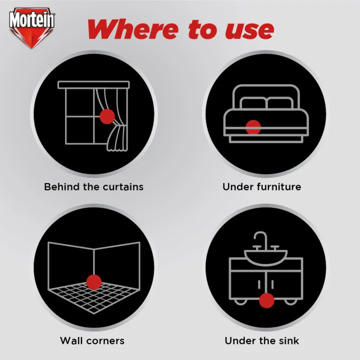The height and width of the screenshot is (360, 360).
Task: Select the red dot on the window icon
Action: pos(106,117)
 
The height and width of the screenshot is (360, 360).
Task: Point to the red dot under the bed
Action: pos(253,127)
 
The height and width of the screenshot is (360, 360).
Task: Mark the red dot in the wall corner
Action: pos(93,281)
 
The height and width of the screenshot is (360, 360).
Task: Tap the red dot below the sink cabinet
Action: pos(267,300)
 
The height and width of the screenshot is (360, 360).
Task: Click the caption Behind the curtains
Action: pos(93,187)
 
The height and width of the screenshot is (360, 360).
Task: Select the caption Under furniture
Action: pos(261,187)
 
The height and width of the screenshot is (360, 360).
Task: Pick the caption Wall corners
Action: pos(92,341)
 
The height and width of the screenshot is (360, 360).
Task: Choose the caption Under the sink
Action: pos(261,341)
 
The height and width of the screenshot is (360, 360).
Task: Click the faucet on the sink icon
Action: pos(260,241)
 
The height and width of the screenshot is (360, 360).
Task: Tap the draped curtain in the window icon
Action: pos(118,122)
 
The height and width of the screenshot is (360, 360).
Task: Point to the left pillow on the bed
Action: pos(253,103)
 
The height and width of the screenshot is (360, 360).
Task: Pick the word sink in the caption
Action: pos(288,341)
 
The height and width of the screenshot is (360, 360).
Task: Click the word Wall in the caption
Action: pos(70,341)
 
